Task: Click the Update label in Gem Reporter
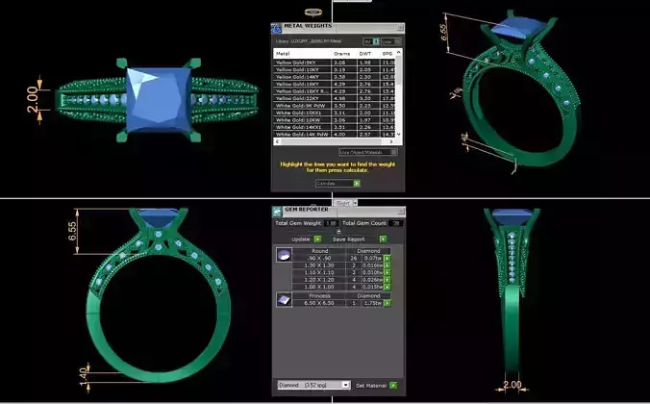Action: click(x=301, y=239)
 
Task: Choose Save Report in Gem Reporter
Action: click(x=348, y=239)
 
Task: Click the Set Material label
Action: click(x=370, y=385)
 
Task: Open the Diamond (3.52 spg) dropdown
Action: click(x=312, y=385)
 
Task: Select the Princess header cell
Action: click(x=321, y=295)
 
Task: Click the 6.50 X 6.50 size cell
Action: click(x=321, y=303)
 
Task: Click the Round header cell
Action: click(x=321, y=250)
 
